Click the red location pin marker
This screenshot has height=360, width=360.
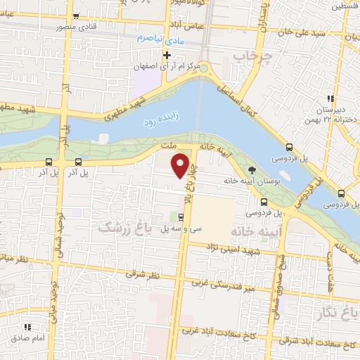tap(181, 165)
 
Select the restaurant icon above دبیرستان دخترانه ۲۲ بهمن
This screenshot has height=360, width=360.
tap(328, 98)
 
